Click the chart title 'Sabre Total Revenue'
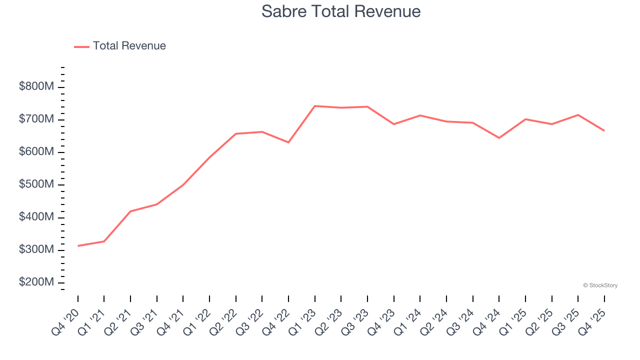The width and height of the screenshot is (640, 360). click(341, 11)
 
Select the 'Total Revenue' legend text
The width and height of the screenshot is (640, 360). click(129, 46)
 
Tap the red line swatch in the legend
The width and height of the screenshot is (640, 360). click(81, 46)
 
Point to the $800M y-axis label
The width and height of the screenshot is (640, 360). click(36, 86)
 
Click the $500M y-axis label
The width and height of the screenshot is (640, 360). click(36, 184)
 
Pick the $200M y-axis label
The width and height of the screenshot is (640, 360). click(36, 282)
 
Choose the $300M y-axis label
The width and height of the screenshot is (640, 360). click(36, 249)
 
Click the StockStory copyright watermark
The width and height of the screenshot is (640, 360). click(600, 285)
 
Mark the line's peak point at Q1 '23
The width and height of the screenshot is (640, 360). click(315, 106)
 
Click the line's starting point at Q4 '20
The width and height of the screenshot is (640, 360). click(78, 246)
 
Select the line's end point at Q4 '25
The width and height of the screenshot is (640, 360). click(604, 130)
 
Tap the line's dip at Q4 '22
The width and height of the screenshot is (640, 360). click(288, 142)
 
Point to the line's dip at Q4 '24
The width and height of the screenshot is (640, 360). click(499, 138)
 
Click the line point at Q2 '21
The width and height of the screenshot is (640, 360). click(130, 211)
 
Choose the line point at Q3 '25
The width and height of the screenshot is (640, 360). click(578, 115)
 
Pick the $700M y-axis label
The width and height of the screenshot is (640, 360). click(36, 119)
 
